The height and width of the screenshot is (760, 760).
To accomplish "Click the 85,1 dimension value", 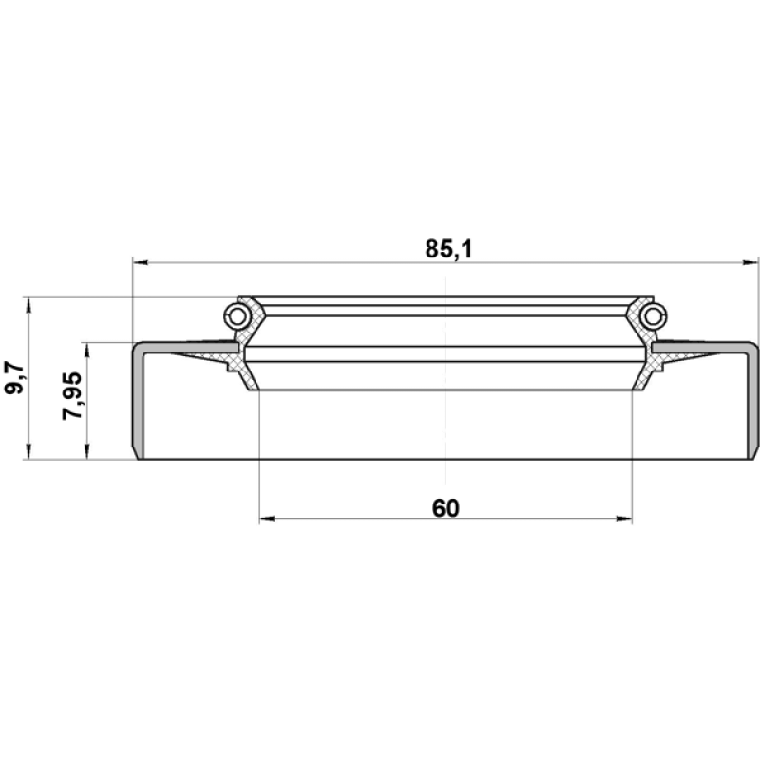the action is (x=448, y=249).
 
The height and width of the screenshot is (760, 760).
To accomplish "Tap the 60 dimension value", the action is (x=446, y=508).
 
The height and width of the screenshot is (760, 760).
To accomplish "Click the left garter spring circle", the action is (x=237, y=316).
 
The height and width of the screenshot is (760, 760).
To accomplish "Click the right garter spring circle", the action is (x=653, y=316).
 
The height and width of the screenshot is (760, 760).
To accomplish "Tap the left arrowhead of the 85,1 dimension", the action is (x=140, y=263).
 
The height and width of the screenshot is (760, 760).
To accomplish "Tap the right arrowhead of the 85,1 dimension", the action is (x=750, y=263).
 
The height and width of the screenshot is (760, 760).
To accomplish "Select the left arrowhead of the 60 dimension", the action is (x=268, y=519).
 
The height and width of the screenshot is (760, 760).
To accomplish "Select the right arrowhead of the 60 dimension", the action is (x=624, y=519).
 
